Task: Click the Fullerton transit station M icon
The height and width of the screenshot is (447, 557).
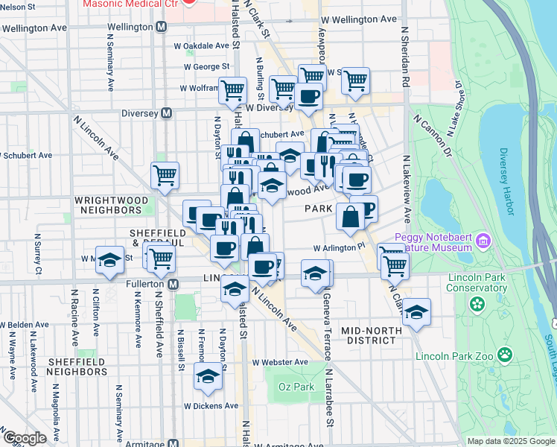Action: coord(174,285)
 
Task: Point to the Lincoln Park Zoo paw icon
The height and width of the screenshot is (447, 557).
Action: coord(506,354)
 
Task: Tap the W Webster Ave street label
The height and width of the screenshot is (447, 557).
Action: coord(280,362)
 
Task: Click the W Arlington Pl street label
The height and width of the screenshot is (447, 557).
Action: coord(340,247)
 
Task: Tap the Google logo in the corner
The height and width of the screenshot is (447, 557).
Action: coord(25,439)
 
